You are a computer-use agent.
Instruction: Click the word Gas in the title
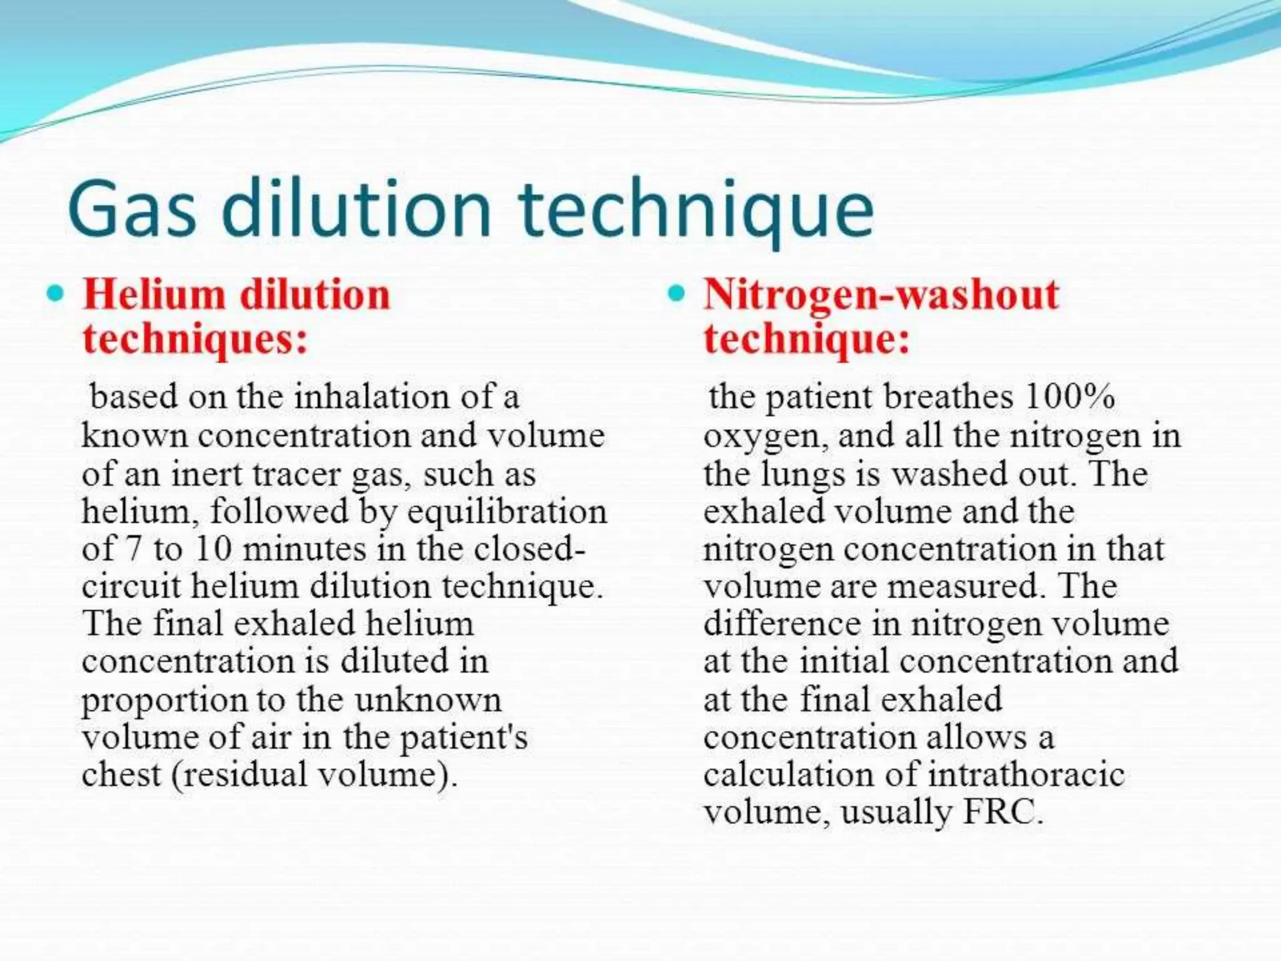tap(131, 208)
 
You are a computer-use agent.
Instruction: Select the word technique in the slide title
tap(695, 208)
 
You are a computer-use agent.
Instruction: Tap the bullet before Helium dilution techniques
tap(56, 293)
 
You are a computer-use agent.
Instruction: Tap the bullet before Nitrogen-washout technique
tap(676, 293)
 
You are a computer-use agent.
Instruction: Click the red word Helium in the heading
tap(154, 294)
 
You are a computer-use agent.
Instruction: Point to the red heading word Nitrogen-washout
tap(881, 294)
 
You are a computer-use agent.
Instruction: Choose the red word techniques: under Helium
tap(195, 339)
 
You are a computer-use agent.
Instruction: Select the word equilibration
tap(507, 512)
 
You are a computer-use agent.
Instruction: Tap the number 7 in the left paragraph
tap(134, 549)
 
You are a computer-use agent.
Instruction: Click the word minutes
tap(304, 549)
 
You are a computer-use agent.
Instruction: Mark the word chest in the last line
tap(121, 775)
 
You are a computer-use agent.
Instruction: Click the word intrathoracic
tap(1026, 775)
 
